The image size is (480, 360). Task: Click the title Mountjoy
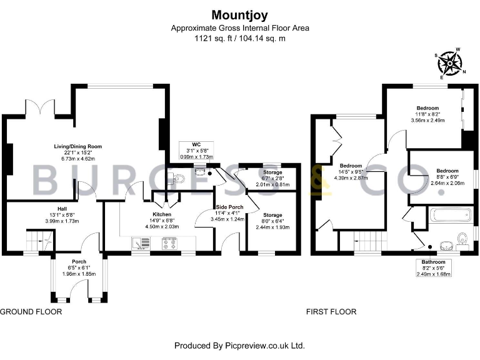[x=240, y=14]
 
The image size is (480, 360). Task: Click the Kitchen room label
[x=162, y=214]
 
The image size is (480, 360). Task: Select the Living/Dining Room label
[x=77, y=146]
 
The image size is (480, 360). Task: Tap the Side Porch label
[x=226, y=207]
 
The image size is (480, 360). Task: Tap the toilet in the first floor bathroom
[x=462, y=237]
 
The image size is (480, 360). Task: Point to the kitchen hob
[x=169, y=242]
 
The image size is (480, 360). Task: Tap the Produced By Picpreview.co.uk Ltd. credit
[x=239, y=345]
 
